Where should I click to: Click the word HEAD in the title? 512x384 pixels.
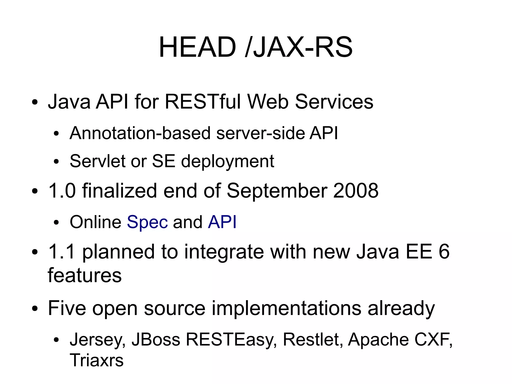(197, 47)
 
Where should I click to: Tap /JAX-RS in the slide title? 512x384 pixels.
(299, 47)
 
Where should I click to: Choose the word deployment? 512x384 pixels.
(227, 162)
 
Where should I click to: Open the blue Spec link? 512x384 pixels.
(147, 222)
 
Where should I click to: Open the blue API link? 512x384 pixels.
(222, 222)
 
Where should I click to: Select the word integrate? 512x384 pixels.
(224, 252)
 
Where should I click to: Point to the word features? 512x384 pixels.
(84, 275)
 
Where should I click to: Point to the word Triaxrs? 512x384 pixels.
(96, 360)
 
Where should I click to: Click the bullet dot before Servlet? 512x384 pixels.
(56, 162)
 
